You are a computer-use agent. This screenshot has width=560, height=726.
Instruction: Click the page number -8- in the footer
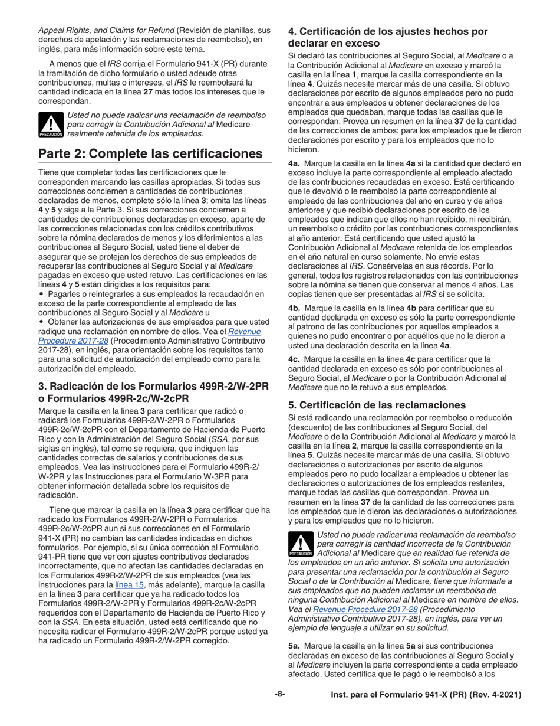click(280, 695)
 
